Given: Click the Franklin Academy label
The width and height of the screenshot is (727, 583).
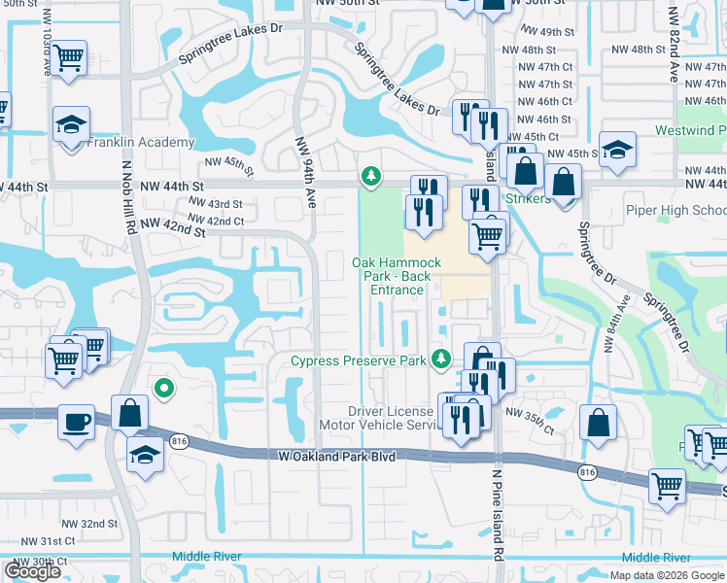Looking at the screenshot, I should pos(141,143).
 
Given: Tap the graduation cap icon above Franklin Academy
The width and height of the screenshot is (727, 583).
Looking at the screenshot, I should pos(71,124).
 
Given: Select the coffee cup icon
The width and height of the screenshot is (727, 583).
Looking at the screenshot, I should pos(76,423).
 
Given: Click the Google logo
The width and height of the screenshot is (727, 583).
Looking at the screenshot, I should pos(32,570).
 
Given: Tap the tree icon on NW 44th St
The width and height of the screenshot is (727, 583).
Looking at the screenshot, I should pos(370,176).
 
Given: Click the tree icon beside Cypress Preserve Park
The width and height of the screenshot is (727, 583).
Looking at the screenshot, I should pos(442,360).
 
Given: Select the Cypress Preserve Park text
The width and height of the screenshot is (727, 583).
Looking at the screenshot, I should pos(359,361).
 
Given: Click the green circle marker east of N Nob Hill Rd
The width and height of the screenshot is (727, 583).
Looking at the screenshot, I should pos(164,389).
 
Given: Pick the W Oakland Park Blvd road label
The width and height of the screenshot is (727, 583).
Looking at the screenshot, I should pos(337,455).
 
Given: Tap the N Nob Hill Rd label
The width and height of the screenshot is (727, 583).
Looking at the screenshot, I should pos(127,223).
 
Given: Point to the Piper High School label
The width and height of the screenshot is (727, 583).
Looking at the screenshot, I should pos(680,211).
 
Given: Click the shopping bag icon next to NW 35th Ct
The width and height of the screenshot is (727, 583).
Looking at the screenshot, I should pos(598,423).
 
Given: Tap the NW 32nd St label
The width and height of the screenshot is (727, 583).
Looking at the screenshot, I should pos(98,523).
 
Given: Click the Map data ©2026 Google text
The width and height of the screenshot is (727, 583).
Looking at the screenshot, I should pos(665,575).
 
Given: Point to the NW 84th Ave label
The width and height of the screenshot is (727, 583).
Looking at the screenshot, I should pos(613,324).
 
